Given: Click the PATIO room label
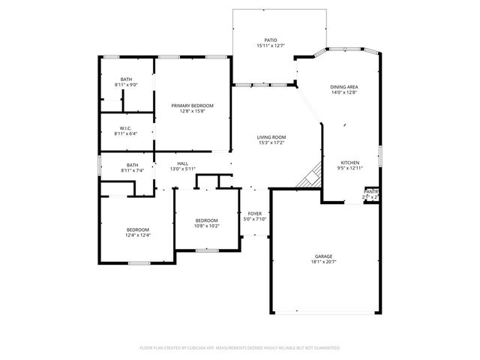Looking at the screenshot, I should [x=271, y=40].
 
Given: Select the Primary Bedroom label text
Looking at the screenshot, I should [x=192, y=106].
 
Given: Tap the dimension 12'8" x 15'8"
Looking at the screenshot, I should [x=192, y=112].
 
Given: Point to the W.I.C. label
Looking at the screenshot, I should [x=126, y=128].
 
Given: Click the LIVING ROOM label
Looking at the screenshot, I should [x=271, y=137].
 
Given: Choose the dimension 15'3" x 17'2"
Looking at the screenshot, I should [x=271, y=143].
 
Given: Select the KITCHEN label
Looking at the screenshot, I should [x=350, y=163].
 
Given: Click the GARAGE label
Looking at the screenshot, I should [x=324, y=256].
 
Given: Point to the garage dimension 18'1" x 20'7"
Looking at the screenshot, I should [x=324, y=262].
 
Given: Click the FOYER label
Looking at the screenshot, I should [x=255, y=214].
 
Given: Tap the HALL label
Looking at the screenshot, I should [x=182, y=163].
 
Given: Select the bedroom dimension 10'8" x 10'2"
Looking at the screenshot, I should [x=206, y=226].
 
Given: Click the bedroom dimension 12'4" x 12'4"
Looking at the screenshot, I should [x=138, y=235].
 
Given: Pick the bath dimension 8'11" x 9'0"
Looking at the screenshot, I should [x=126, y=85].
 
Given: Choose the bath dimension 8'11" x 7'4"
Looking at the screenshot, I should [x=132, y=171].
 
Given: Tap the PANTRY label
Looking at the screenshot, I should [x=371, y=192].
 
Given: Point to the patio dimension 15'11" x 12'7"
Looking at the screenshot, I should [x=271, y=46].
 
